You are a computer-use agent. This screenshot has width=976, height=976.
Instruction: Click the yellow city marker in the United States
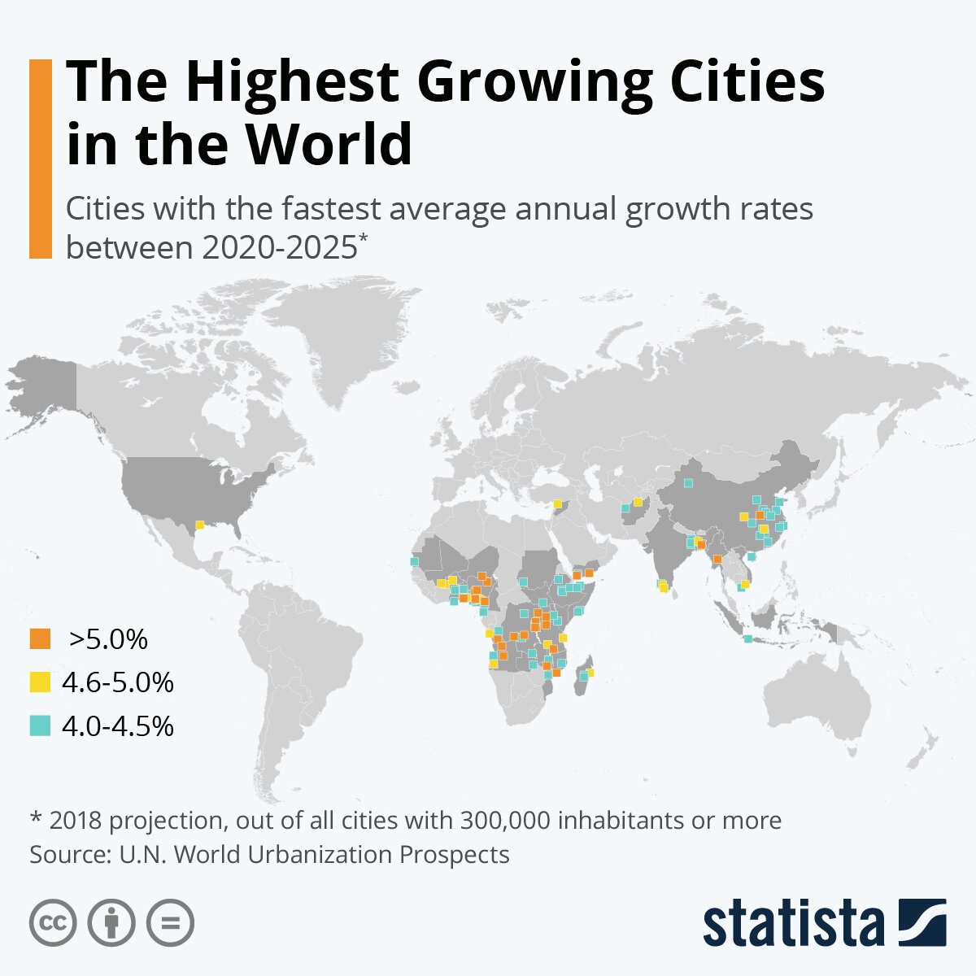pyautogui.click(x=199, y=525)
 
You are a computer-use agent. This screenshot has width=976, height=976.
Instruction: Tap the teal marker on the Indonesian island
pyautogui.click(x=747, y=638)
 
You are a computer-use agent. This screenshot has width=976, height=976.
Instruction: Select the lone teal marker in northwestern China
pyautogui.click(x=688, y=483)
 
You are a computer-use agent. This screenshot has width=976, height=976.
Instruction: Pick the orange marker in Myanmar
pyautogui.click(x=717, y=559)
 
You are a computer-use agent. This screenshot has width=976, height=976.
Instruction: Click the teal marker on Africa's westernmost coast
pyautogui.click(x=414, y=561)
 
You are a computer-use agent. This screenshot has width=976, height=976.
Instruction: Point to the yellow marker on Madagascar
pyautogui.click(x=590, y=672)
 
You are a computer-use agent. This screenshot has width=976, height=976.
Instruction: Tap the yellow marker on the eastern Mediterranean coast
pyautogui.click(x=557, y=504)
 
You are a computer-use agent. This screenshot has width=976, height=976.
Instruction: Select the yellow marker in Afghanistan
pyautogui.click(x=638, y=502)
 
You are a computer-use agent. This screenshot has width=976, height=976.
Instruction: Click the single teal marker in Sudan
pyautogui.click(x=524, y=581)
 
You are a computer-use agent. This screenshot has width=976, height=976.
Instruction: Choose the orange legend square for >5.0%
pyautogui.click(x=40, y=638)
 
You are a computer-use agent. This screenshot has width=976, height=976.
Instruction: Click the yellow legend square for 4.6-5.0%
pyautogui.click(x=40, y=682)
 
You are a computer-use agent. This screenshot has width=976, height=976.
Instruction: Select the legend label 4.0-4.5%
pyautogui.click(x=118, y=725)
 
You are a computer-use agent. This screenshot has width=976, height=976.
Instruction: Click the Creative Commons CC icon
pyautogui.click(x=53, y=922)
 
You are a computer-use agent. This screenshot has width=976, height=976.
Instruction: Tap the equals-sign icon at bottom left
pyautogui.click(x=170, y=922)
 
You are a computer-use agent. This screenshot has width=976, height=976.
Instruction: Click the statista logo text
pyautogui.click(x=793, y=922)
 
